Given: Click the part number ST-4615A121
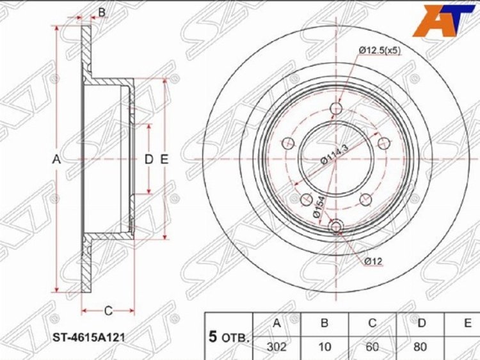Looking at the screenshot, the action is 89,338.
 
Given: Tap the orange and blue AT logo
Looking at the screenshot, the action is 444,21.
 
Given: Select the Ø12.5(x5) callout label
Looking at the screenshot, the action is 380,50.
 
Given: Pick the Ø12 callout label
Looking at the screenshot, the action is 373,261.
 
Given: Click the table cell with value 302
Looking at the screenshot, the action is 276,347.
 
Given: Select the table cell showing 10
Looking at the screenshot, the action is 324,347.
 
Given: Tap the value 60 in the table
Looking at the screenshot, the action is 372,347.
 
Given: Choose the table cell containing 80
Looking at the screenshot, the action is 420,347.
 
